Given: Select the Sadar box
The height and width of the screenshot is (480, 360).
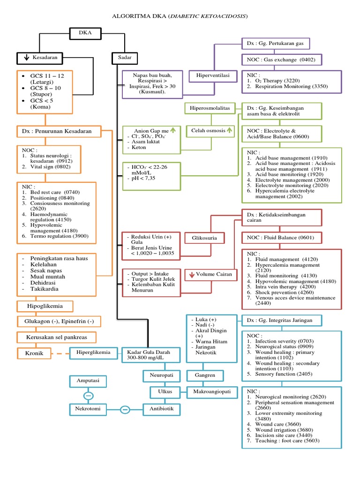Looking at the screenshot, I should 125,58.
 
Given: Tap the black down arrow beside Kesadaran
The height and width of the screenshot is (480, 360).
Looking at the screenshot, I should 26,58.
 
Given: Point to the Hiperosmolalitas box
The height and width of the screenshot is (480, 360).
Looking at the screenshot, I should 210,108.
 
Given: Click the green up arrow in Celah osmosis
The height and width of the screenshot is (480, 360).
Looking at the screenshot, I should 229,131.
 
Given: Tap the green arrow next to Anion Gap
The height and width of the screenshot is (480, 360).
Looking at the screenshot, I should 172,131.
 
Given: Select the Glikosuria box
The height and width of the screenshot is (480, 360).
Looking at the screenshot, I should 204,238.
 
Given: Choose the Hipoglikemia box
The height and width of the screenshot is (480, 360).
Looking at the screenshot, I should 45,307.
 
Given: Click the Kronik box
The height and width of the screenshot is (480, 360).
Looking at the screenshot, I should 34,353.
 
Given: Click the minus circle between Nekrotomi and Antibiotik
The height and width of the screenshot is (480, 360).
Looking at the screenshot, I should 125,410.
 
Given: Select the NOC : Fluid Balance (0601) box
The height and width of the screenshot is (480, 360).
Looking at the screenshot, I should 282,238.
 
